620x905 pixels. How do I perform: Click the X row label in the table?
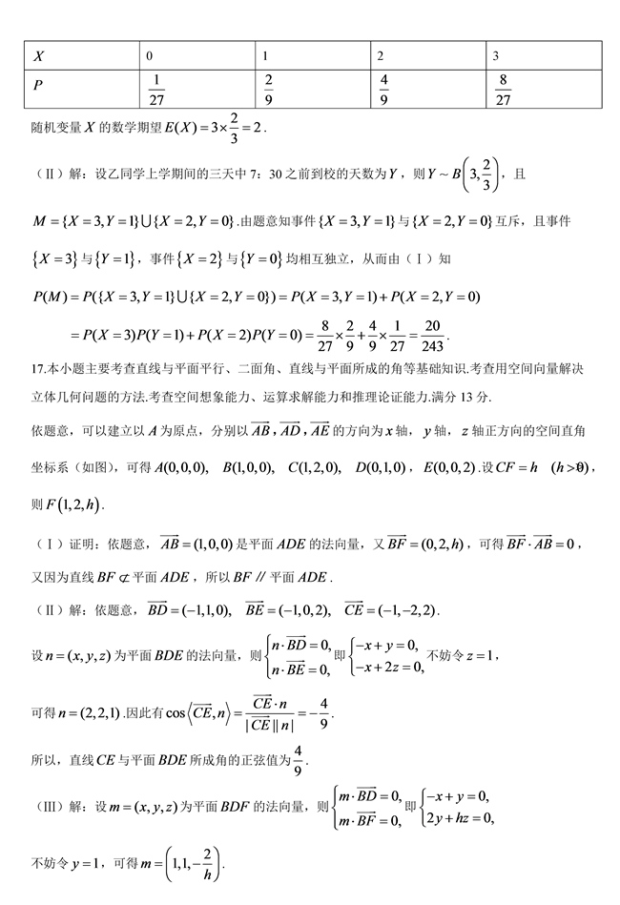39,56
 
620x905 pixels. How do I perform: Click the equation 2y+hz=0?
456,817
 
